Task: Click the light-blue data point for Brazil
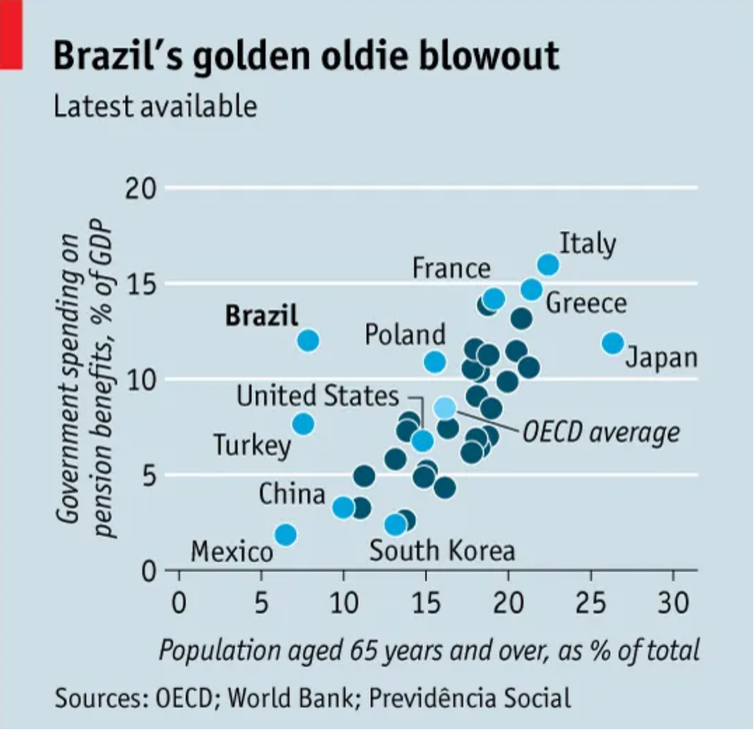[307, 340]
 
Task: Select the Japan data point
[612, 342]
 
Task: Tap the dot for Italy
[548, 265]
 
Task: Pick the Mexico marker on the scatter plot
[285, 534]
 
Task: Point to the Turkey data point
[303, 424]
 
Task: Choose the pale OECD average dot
[445, 407]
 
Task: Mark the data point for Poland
[434, 362]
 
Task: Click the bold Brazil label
[261, 315]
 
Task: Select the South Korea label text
[442, 550]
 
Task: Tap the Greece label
[586, 303]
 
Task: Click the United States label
[318, 395]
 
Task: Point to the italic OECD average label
[601, 432]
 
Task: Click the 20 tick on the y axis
[141, 189]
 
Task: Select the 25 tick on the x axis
[591, 602]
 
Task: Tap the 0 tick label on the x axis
[178, 602]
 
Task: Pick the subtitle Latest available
[155, 107]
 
